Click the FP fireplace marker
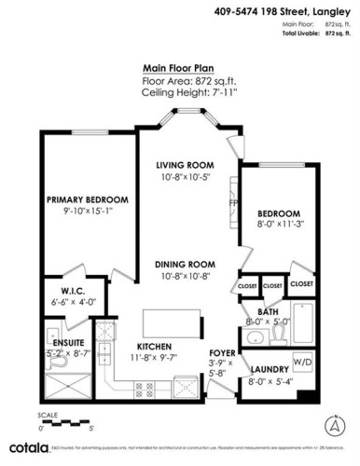point(234,200)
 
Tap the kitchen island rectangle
point(174,322)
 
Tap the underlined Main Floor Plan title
point(181,68)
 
